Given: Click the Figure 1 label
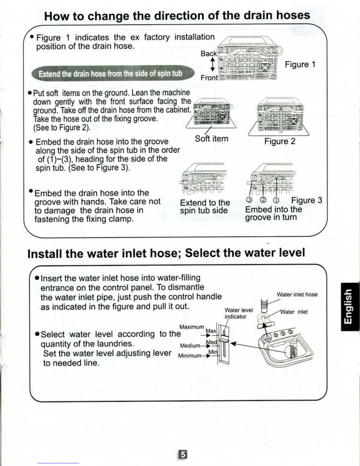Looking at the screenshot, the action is (300, 64).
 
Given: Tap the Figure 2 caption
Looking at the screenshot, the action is (280, 141).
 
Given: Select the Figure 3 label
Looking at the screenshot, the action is (307, 200).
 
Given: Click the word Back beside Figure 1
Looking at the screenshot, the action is (209, 54).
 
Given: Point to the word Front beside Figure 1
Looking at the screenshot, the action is (209, 78).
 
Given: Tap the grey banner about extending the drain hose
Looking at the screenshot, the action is (113, 73).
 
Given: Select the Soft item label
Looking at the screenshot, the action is (212, 139).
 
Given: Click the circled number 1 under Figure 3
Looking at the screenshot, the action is (277, 200).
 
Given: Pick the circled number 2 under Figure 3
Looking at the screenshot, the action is (263, 200).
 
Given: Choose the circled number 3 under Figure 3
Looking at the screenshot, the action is (249, 200).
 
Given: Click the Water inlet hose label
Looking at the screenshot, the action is (297, 294).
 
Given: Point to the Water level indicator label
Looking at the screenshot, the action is (239, 313).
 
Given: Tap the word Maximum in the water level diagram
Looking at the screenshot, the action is (192, 327).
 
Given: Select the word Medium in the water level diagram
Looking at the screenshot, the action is (190, 346).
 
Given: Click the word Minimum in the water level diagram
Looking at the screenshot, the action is (190, 356).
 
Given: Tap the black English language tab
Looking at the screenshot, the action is (350, 307).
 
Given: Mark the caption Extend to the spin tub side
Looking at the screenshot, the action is (205, 206).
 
